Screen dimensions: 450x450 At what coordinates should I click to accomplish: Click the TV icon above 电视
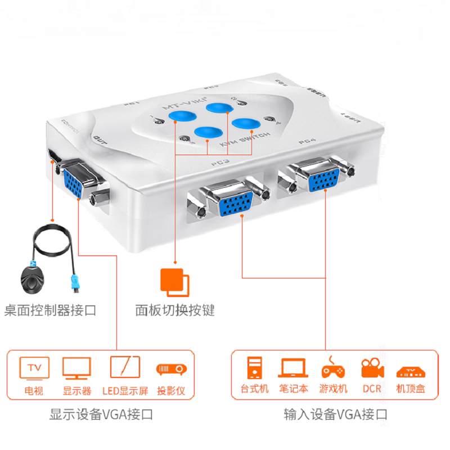click(x=34, y=368)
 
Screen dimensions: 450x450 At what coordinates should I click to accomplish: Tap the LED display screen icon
click(x=124, y=368)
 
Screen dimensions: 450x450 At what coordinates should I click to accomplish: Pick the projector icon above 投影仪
click(x=171, y=368)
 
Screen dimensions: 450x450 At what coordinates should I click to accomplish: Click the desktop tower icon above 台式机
click(x=254, y=368)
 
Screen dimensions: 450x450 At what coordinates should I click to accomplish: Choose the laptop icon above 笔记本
click(x=292, y=368)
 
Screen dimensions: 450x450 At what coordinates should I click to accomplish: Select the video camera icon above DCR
click(x=372, y=368)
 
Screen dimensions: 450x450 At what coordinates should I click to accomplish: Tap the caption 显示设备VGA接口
click(x=101, y=416)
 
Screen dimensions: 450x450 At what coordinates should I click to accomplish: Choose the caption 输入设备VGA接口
click(x=336, y=416)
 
